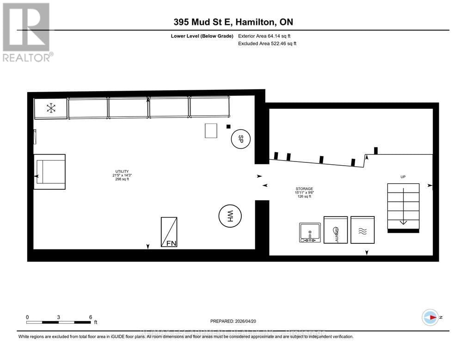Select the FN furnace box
(168, 232)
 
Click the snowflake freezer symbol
(51, 109)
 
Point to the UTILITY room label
(123, 175)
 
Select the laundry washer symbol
(336, 230)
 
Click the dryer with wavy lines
(362, 230)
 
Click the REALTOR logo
(26, 32)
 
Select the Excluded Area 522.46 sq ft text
(267, 43)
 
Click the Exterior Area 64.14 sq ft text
(264, 36)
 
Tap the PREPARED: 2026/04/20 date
(233, 321)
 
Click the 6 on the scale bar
(91, 317)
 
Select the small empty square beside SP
(212, 131)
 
